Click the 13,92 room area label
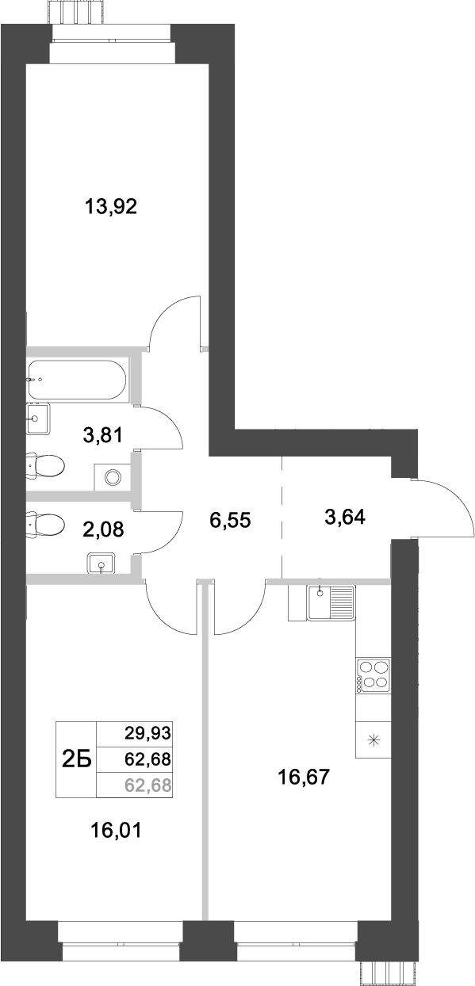coord(111,208)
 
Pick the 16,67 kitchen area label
coord(302,778)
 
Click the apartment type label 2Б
coord(76,760)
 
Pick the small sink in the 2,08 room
coord(102,564)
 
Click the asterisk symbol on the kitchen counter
coord(374,742)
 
